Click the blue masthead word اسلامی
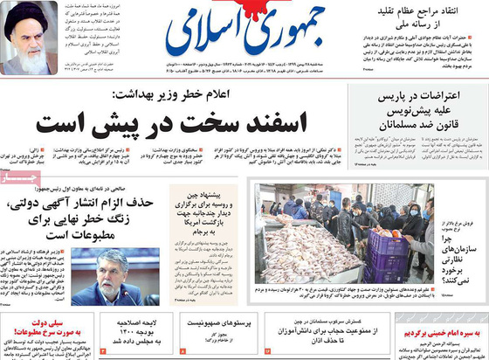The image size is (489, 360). pos(192,35)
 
